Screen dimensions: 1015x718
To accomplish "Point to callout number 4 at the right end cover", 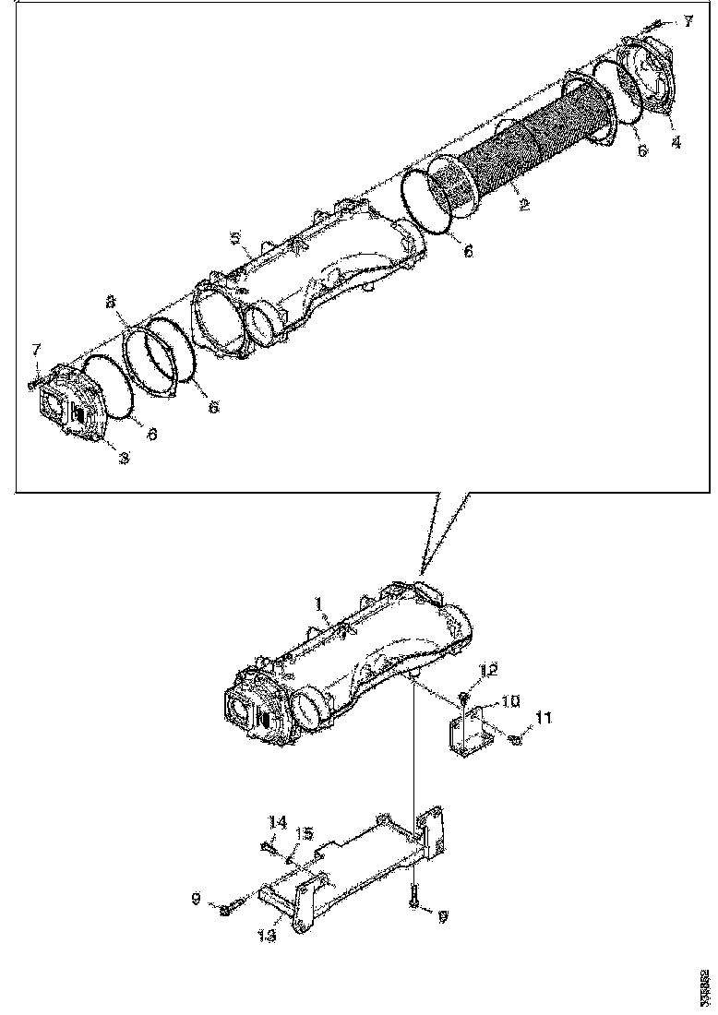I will pos(676,143).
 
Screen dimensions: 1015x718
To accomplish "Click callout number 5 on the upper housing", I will pos(236,238).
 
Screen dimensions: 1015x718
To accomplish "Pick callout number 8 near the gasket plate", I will pos(111,303).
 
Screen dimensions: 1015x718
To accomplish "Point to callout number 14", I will pos(278,820).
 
